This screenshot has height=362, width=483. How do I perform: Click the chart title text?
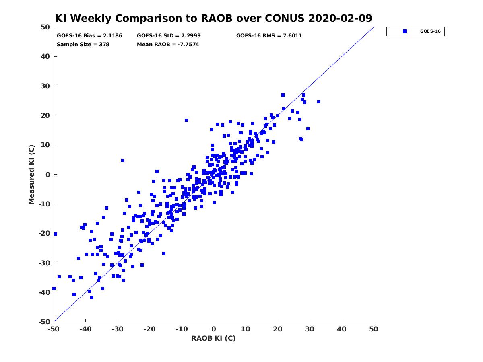coord(213,18)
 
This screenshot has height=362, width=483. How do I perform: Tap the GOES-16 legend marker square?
coord(404,31)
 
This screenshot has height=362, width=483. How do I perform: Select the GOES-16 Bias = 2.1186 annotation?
coord(89,36)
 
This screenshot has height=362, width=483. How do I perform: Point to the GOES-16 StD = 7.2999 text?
coord(169,36)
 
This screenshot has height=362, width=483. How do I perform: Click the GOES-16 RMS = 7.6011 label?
coord(269,36)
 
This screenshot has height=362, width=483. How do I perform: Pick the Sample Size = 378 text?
coord(83,44)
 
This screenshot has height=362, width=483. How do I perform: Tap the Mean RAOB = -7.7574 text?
coord(168,44)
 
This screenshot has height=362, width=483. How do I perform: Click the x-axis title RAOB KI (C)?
coord(213,338)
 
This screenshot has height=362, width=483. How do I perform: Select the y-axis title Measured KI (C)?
coord(31,174)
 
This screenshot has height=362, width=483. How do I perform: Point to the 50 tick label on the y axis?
coord(45,27)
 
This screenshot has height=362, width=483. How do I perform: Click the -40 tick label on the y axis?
coord(44,292)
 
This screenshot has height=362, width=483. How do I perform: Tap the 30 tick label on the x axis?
coord(310,329)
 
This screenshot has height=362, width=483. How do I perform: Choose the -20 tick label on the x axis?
coord(149,329)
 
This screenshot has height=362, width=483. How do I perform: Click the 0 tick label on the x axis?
coord(214,329)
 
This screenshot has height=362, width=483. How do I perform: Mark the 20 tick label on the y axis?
coord(45,115)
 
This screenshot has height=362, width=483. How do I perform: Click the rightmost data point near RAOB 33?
coord(319,102)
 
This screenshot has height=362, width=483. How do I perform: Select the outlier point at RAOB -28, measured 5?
coord(123,160)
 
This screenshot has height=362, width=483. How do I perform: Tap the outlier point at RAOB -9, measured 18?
coord(186,120)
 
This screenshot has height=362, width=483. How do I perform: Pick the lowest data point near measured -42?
coord(92,298)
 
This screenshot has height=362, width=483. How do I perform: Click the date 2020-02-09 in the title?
coord(340,18)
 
